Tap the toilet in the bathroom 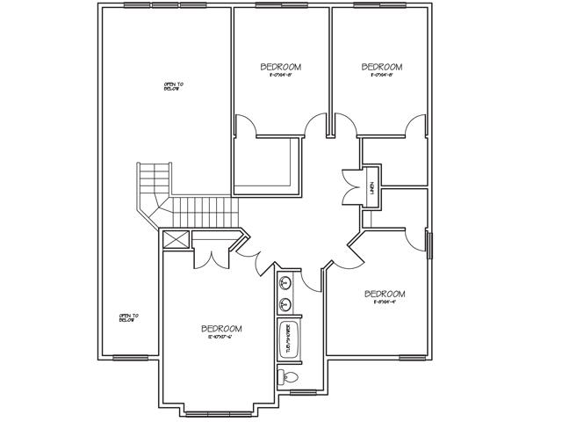click(x=291, y=378)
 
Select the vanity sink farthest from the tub click(x=285, y=284)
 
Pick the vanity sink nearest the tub click(x=285, y=305)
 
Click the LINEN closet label click(x=372, y=186)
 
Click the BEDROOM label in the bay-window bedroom click(x=221, y=329)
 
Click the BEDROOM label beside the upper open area click(x=281, y=67)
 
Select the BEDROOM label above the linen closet click(x=382, y=67)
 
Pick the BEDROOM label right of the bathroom click(x=384, y=294)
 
